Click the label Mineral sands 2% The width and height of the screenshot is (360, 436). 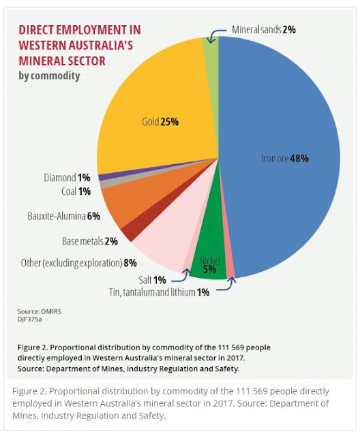coord(264,29)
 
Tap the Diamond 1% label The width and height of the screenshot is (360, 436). coord(67,178)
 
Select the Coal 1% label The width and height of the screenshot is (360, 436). coord(76,191)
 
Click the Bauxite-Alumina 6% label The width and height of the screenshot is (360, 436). coord(63,216)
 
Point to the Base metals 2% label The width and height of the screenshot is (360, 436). coord(90,241)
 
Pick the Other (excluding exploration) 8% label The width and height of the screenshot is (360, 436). coord(78,263)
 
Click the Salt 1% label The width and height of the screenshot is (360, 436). coord(152,280)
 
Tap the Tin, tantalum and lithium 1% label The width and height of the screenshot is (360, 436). coord(159,292)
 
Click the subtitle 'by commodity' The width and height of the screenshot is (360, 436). coord(49,76)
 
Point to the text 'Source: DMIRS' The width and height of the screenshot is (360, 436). coord(40,311)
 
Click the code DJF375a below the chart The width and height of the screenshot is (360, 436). coord(29,320)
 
